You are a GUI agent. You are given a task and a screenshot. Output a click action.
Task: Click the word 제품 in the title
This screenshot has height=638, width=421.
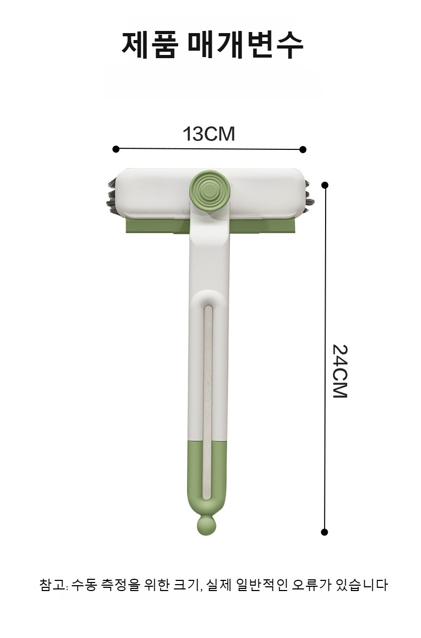(150, 44)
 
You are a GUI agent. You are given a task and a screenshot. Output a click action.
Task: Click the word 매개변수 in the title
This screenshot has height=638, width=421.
(245, 44)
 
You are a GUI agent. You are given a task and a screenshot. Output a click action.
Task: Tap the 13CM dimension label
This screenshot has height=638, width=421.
(209, 134)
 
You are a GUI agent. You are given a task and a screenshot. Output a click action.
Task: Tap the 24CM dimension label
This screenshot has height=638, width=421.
(339, 371)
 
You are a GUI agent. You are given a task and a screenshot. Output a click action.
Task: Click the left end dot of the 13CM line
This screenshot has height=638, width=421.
(116, 149)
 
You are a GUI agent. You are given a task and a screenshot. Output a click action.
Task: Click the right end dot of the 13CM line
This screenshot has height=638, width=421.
(303, 149)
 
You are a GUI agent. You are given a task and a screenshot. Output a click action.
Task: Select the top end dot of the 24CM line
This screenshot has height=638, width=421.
(325, 185)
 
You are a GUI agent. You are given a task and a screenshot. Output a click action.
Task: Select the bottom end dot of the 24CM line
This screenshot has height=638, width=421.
(325, 532)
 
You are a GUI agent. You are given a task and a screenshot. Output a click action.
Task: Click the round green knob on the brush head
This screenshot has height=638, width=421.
(209, 190)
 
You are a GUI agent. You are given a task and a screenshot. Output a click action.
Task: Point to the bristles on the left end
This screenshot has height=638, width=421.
(112, 196)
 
